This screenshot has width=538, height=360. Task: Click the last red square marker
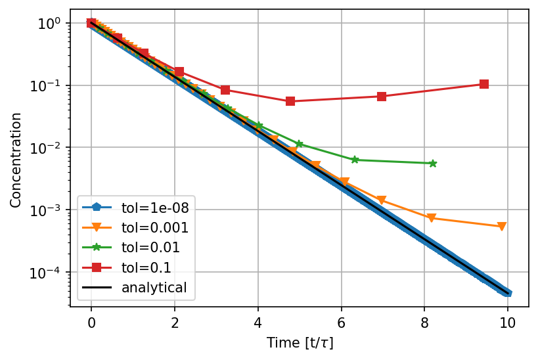[484, 84]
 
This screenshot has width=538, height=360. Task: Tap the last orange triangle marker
[502, 227]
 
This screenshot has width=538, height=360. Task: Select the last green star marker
[433, 163]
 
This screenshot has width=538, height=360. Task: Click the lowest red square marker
[290, 101]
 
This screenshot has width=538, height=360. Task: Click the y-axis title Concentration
[15, 160]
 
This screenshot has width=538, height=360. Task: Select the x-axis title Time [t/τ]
[301, 343]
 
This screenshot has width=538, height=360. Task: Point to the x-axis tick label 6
[342, 323]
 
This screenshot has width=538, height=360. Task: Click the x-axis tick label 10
[508, 323]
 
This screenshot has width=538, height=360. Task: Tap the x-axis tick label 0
[91, 323]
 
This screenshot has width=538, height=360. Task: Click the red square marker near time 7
[382, 97]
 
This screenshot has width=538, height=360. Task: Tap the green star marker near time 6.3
[355, 160]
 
